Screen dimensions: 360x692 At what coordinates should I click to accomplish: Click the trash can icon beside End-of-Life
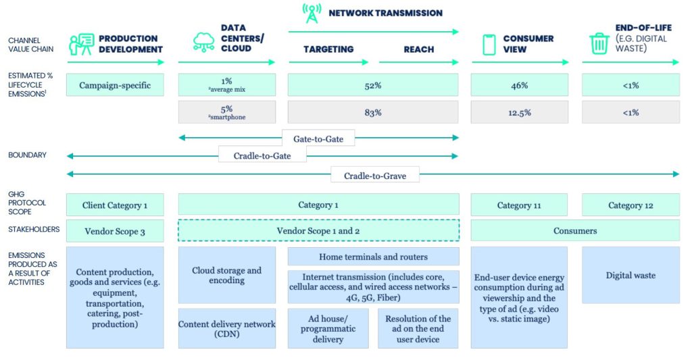coord(599,43)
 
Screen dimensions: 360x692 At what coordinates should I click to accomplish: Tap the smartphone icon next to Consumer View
coord(489,45)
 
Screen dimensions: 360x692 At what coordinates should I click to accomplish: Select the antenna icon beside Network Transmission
coord(312,14)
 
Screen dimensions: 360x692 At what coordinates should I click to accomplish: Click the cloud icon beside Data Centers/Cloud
coord(203,43)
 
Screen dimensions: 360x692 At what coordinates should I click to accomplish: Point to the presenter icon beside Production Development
coord(80,44)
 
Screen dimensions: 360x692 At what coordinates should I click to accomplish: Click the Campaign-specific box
coord(115,85)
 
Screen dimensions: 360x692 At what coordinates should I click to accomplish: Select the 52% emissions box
coord(373,85)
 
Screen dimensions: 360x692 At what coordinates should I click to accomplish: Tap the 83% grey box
coord(373,112)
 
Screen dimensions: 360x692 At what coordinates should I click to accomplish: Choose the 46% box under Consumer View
coord(519,85)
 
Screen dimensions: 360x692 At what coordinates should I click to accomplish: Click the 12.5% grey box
coord(519,112)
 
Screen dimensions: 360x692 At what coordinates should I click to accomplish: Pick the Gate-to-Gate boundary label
coord(318,138)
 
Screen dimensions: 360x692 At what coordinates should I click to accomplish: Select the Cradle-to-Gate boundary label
coord(262,156)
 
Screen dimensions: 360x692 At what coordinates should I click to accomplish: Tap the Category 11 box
coord(519,205)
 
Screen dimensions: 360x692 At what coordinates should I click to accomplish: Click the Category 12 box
coord(631,205)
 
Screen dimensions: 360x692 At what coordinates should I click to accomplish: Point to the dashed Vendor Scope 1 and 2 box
coord(318,230)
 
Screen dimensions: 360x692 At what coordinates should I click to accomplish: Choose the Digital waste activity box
coord(631,275)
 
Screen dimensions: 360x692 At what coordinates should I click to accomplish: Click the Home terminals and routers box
coord(373,257)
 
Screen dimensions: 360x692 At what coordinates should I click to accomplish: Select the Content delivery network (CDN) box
coord(226,328)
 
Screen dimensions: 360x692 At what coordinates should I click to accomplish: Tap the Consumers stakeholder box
coord(575,230)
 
